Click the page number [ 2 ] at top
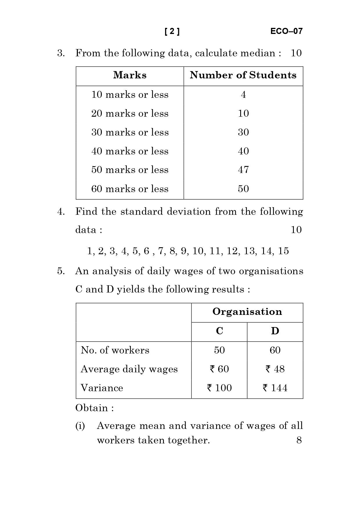tap(172, 31)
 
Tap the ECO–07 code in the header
tap(286, 31)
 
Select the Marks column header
tap(130, 75)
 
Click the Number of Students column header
tap(243, 75)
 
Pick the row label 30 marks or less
tap(130, 132)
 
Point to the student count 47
tap(243, 170)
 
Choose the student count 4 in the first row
tap(243, 95)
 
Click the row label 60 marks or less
tap(130, 189)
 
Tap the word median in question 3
tap(261, 53)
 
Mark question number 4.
tap(61, 212)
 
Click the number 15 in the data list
tap(283, 251)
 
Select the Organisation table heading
tap(247, 312)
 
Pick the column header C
tap(219, 331)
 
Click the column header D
tap(275, 331)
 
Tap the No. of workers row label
tap(115, 350)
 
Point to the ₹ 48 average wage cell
tap(275, 369)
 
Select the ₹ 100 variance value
tap(219, 388)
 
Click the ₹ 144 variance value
tap(275, 388)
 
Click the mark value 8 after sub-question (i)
tap(299, 440)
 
